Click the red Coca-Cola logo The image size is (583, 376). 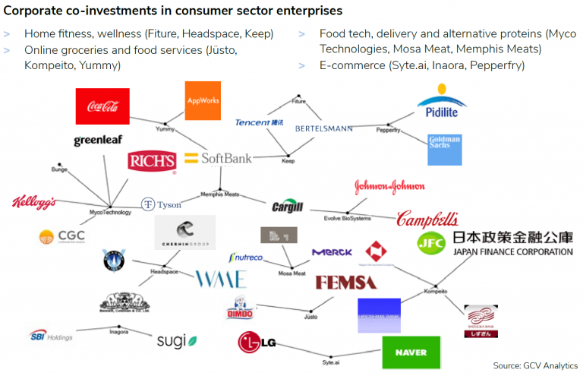click(102, 106)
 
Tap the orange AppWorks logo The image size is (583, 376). click(203, 100)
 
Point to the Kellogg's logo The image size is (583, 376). click(34, 203)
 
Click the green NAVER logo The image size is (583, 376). click(411, 352)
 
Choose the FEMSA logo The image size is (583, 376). click(345, 283)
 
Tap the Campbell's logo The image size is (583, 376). click(427, 220)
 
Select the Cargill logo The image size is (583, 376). click(288, 207)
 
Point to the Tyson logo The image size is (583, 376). click(161, 204)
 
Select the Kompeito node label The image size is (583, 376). click(436, 291)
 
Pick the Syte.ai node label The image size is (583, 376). click(330, 362)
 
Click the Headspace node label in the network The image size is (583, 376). click(164, 271)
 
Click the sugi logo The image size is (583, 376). click(177, 341)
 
